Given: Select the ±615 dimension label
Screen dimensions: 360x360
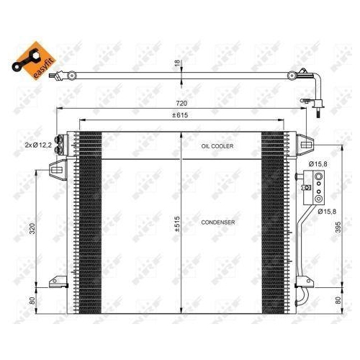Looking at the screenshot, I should point(179,117).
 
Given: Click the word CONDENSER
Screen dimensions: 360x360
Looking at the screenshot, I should point(217,222).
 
